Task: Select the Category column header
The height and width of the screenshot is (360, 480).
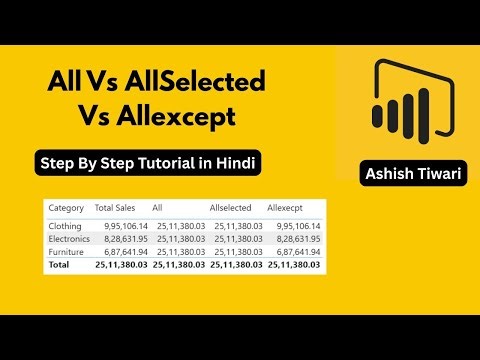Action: click(x=65, y=206)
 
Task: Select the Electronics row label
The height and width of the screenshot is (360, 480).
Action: click(x=69, y=239)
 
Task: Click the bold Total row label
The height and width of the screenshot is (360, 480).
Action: click(x=60, y=265)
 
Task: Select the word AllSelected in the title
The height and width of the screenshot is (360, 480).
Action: click(x=205, y=82)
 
